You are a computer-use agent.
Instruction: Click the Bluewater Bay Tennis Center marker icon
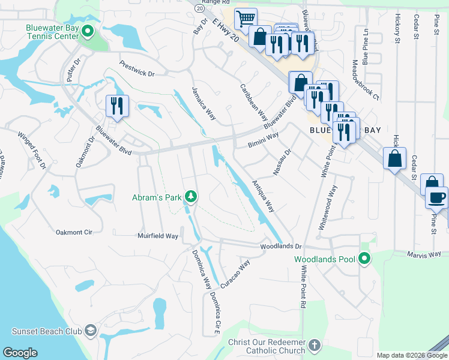pyautogui.click(x=88, y=31)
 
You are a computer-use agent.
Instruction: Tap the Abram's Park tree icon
pyautogui.click(x=191, y=196)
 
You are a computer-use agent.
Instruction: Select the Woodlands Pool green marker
pyautogui.click(x=364, y=259)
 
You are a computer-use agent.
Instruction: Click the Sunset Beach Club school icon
pyautogui.click(x=89, y=331)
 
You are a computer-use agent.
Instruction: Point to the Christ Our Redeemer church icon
pyautogui.click(x=316, y=345)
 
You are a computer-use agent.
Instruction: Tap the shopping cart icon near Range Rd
pyautogui.click(x=245, y=19)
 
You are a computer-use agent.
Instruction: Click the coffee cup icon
pyautogui.click(x=436, y=197)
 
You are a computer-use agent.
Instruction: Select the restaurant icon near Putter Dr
pyautogui.click(x=116, y=106)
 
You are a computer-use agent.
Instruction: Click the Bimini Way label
pyautogui.click(x=264, y=140)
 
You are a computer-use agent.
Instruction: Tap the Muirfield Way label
pyautogui.click(x=158, y=236)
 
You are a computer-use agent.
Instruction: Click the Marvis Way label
pyautogui.click(x=426, y=254)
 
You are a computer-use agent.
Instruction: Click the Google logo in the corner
pyautogui.click(x=20, y=353)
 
